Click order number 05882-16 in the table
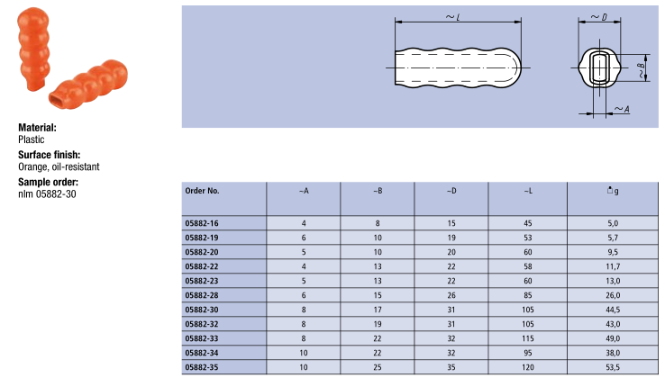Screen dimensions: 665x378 (202, 223)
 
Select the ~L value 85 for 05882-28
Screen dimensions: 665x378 (528, 295)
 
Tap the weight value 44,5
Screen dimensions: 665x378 (613, 310)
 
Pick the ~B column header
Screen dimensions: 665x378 (378, 191)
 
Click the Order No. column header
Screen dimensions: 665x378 (203, 191)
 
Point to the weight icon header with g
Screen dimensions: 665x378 (613, 191)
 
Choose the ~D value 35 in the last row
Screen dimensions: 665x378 (451, 367)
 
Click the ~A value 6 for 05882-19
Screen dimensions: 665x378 (304, 238)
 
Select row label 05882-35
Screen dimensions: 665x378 (202, 367)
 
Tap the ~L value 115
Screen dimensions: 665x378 (528, 338)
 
